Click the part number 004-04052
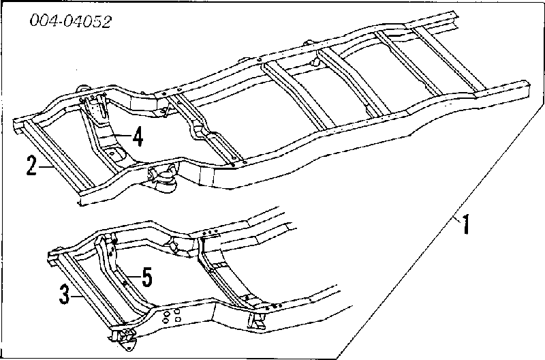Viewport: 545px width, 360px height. (x=71, y=21)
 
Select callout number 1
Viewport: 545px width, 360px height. (x=467, y=224)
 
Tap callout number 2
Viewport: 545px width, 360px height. (x=31, y=166)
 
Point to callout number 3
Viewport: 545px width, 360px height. (x=64, y=295)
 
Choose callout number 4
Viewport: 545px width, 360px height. (x=138, y=136)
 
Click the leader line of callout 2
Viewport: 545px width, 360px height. (x=46, y=167)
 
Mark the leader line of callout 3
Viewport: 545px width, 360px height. (x=76, y=296)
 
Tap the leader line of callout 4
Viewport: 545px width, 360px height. (x=122, y=135)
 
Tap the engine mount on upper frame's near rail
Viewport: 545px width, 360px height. (x=163, y=177)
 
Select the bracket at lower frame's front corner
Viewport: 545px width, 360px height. (x=123, y=339)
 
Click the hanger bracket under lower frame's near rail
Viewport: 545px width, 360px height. (x=257, y=320)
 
